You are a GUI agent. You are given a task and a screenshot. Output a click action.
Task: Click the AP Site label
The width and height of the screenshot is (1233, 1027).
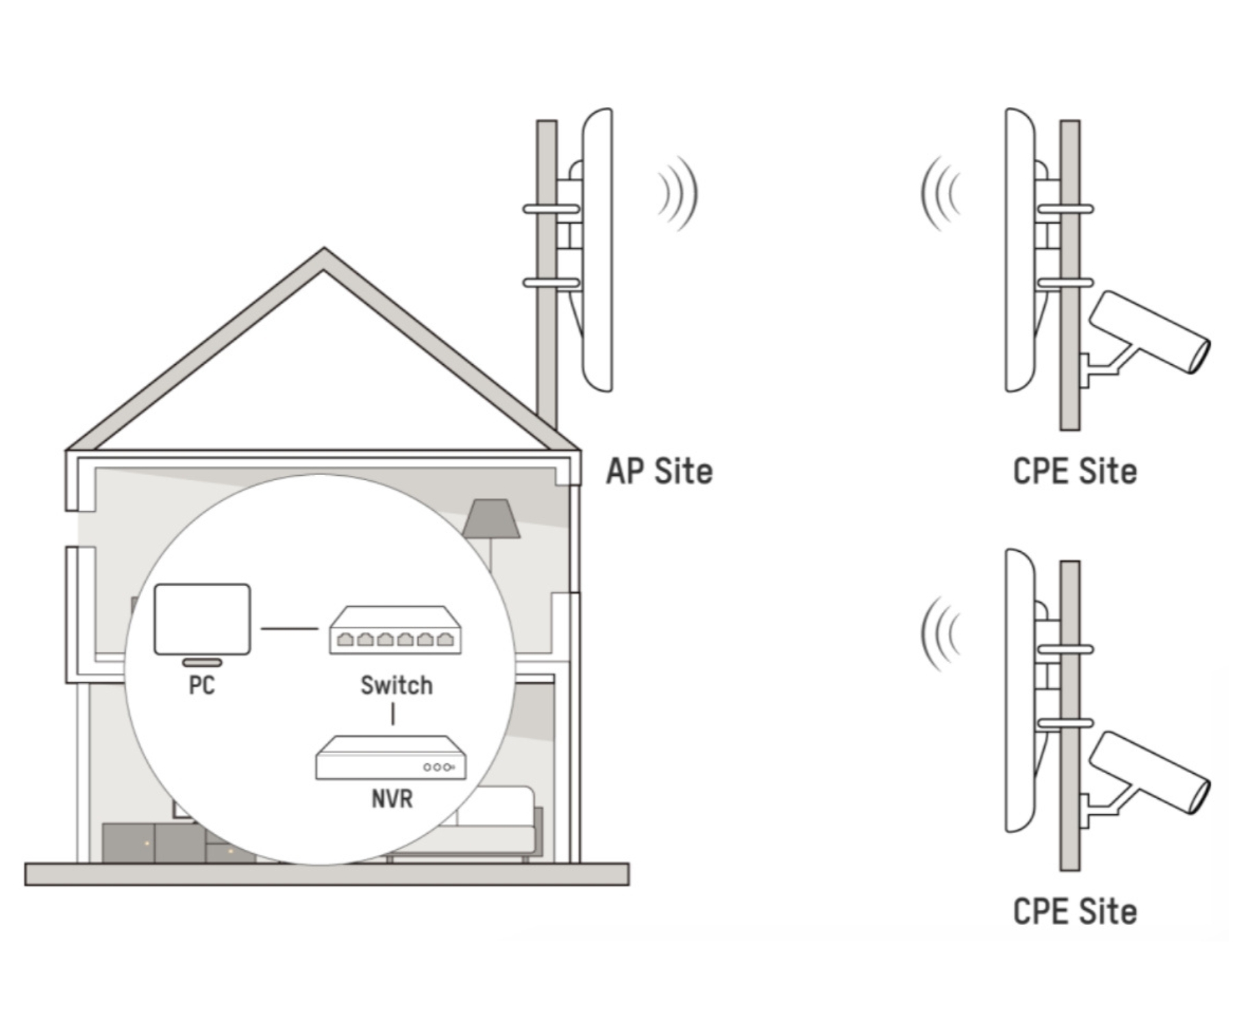(x=659, y=472)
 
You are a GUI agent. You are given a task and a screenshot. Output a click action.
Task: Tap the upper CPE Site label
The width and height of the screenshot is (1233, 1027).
(x=1074, y=472)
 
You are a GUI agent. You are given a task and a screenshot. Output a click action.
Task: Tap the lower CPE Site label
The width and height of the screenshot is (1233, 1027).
(x=1074, y=912)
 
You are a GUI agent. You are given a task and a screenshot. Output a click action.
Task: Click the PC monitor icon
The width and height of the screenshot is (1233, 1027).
(x=202, y=620)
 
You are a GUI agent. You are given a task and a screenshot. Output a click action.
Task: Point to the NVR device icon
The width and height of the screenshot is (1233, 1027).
(x=390, y=759)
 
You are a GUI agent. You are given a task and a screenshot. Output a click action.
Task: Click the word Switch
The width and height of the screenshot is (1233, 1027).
(x=397, y=685)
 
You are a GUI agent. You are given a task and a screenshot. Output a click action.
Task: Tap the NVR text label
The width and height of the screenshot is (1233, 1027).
(x=392, y=799)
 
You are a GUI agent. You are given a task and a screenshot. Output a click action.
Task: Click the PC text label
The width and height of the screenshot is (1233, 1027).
(x=201, y=685)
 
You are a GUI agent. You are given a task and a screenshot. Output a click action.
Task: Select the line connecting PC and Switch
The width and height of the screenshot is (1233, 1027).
(x=289, y=628)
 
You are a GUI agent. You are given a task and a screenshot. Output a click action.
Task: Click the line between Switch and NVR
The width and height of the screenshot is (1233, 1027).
(x=393, y=713)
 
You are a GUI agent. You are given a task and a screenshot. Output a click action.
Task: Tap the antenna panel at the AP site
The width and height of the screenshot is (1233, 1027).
(x=597, y=250)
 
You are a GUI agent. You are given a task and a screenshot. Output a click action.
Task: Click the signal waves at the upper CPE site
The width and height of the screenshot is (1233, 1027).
(x=941, y=193)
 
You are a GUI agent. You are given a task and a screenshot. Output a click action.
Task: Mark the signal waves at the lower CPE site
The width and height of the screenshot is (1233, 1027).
(x=941, y=633)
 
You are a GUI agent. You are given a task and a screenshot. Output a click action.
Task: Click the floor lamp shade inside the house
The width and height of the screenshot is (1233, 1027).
(x=490, y=519)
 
